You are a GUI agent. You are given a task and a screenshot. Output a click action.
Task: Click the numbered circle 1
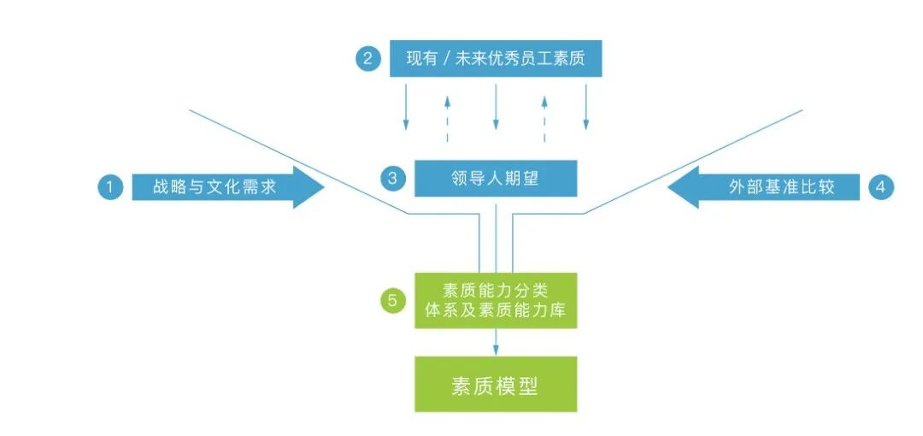110,188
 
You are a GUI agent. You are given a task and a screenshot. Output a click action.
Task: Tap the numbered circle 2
367,59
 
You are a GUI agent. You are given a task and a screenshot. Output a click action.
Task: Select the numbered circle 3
392,179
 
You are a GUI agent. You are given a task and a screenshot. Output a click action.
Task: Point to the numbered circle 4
880,188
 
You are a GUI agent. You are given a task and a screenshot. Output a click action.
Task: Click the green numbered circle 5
392,301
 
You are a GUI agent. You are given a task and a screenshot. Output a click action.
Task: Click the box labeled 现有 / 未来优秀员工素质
496,58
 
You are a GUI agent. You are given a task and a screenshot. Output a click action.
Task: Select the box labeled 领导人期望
496,178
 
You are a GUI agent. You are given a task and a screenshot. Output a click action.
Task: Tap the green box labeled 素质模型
496,384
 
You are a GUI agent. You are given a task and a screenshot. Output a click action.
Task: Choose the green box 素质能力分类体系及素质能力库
496,300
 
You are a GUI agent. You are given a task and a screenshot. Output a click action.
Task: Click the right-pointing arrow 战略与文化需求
228,188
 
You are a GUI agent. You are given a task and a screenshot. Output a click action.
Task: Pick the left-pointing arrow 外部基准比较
763,188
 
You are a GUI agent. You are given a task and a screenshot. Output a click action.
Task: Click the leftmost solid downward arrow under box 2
406,107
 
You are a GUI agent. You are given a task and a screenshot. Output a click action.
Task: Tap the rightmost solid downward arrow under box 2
585,107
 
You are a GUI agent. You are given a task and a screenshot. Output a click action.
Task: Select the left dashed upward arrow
447,119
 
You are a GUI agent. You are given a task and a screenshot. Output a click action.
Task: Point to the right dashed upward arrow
544,119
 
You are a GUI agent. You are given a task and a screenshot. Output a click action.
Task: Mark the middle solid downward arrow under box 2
496,107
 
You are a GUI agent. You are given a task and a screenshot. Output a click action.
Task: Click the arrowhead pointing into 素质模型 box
496,351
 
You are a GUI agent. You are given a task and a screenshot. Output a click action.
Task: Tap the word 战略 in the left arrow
168,188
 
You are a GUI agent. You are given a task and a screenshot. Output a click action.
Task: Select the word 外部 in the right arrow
744,188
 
